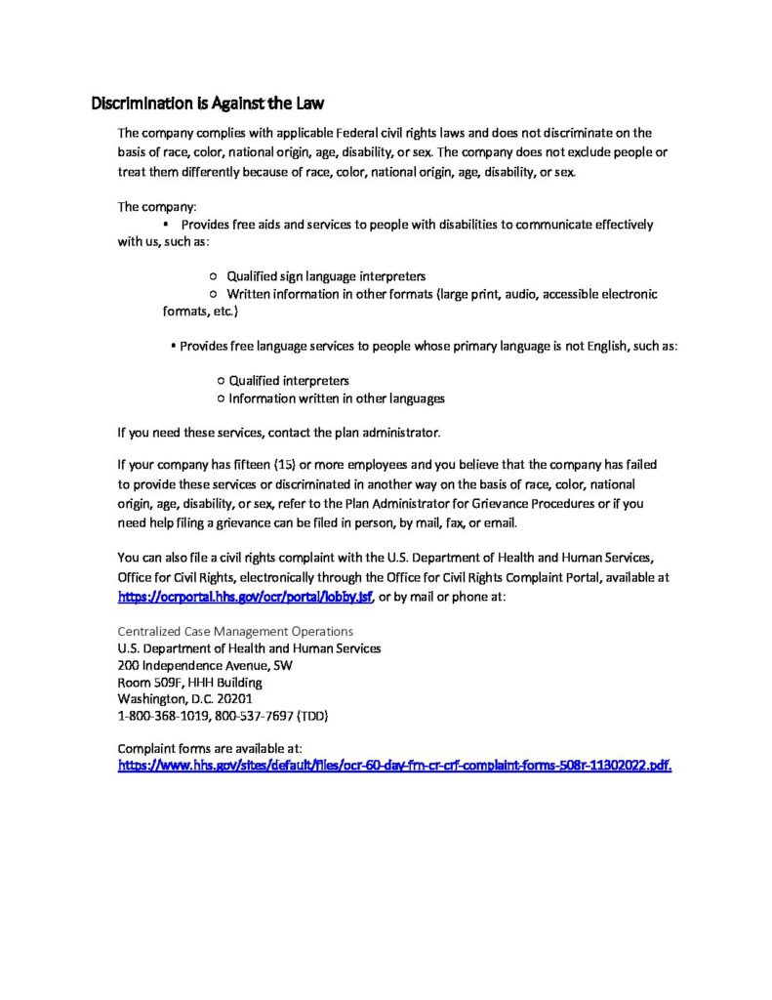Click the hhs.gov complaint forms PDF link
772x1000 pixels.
click(x=394, y=766)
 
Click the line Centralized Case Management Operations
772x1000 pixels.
click(x=235, y=631)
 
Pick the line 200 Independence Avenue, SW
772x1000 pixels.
click(x=204, y=665)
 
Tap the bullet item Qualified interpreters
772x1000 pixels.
click(x=289, y=381)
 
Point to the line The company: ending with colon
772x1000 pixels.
click(x=157, y=207)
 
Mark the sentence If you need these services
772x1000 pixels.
click(x=279, y=432)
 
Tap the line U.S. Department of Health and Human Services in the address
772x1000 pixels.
click(x=249, y=647)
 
